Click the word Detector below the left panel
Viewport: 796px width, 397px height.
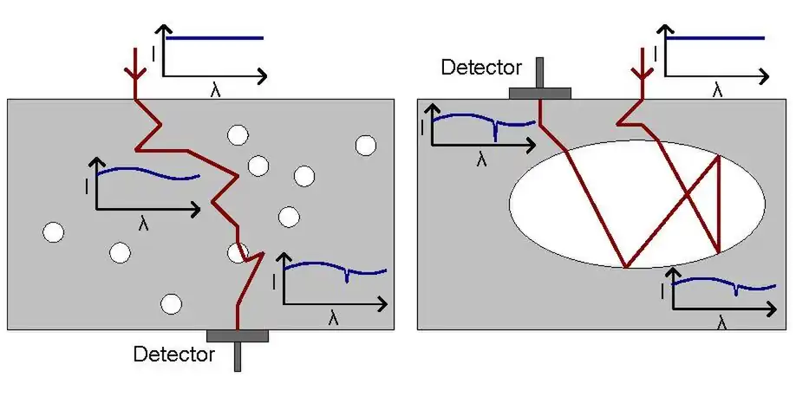coord(173,354)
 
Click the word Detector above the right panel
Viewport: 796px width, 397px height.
coord(481,67)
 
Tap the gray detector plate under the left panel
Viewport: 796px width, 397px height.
coord(238,335)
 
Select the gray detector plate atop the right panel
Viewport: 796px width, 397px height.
coord(539,93)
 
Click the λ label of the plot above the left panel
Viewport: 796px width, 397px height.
coord(215,90)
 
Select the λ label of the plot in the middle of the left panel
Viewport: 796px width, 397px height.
coord(144,223)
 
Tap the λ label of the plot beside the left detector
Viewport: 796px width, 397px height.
coord(334,318)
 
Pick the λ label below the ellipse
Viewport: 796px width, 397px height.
coord(722,322)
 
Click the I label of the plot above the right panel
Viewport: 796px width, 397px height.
coord(656,55)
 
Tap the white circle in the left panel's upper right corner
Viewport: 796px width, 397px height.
coord(365,145)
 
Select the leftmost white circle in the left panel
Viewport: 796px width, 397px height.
coord(54,232)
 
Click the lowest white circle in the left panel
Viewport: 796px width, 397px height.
coord(172,303)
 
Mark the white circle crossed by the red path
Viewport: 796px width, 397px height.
coord(238,252)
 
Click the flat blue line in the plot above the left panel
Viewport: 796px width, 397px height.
coord(213,38)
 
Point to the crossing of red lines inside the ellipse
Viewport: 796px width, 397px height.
coord(687,196)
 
